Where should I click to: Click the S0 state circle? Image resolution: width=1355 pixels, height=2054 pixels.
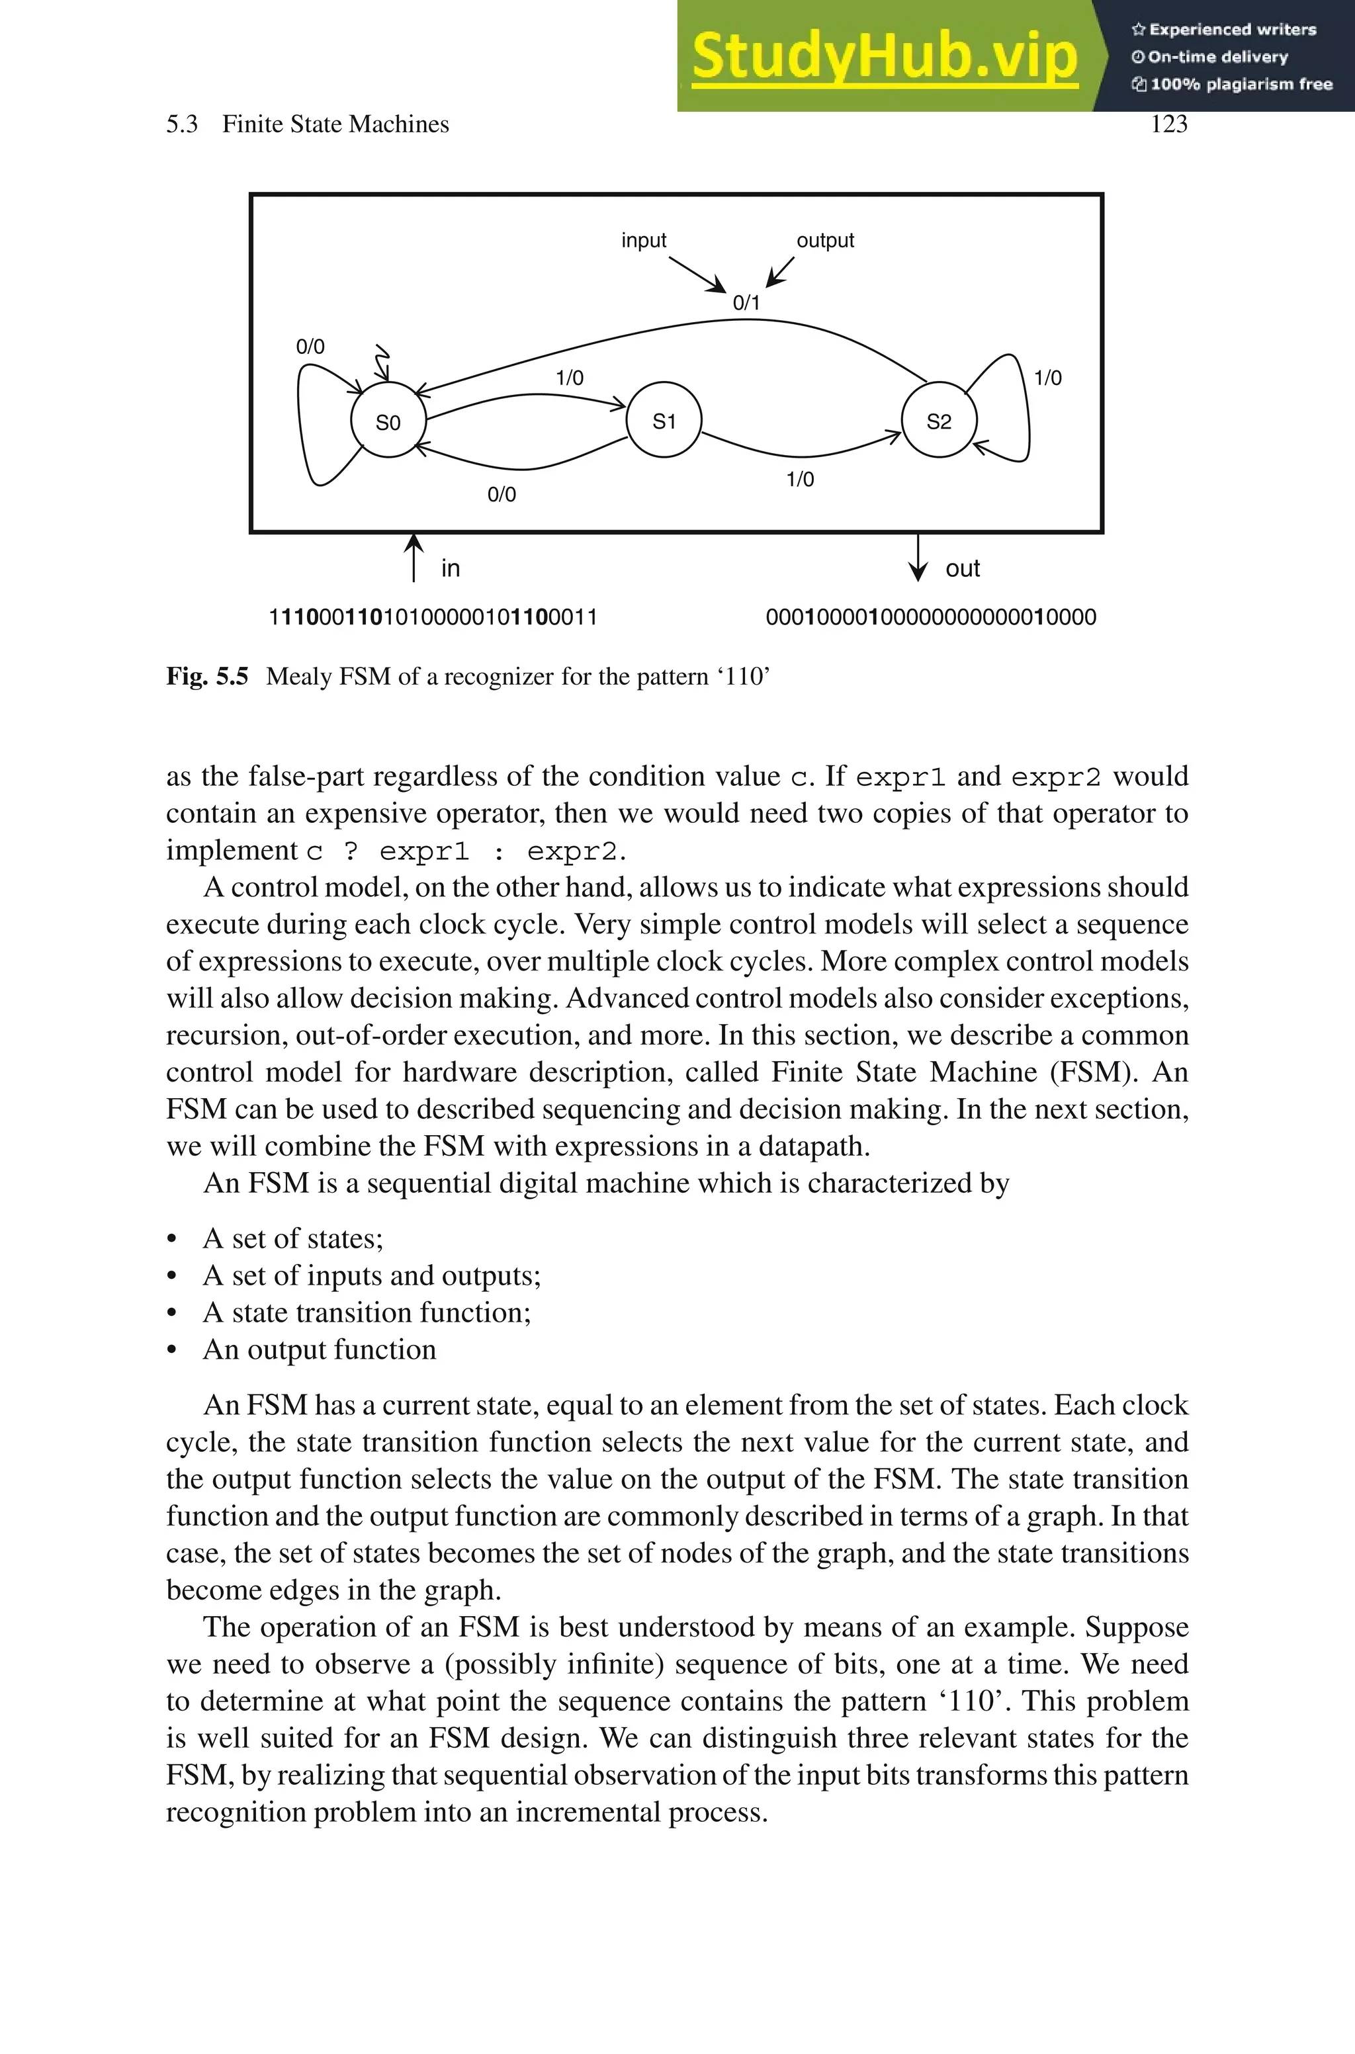tap(388, 421)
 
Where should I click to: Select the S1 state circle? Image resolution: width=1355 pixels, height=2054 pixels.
tap(663, 421)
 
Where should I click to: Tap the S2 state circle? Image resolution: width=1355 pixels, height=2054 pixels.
tap(938, 421)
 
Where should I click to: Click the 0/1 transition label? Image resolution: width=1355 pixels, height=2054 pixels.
tap(746, 302)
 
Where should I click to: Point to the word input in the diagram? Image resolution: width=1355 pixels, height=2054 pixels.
tap(644, 240)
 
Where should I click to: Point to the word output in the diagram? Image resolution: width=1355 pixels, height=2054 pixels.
tap(824, 240)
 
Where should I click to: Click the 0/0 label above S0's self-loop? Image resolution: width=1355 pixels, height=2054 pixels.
tap(310, 347)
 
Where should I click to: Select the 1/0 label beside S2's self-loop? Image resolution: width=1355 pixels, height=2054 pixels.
tap(1047, 378)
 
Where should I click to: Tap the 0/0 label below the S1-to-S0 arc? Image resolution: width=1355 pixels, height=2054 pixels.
tap(502, 494)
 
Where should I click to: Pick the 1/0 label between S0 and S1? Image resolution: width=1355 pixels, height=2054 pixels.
tap(570, 378)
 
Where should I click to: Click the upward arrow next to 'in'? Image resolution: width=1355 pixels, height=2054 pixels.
tap(415, 557)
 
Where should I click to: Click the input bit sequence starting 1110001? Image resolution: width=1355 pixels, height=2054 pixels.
tap(433, 617)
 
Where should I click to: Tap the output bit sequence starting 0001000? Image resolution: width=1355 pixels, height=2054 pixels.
tap(931, 617)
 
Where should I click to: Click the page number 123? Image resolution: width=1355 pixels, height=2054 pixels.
tap(1168, 124)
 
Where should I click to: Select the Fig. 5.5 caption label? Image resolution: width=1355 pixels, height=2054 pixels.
tap(206, 675)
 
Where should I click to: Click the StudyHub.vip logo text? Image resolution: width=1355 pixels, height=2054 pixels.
tap(884, 56)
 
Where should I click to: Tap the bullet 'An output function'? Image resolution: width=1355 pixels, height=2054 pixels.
tap(319, 1349)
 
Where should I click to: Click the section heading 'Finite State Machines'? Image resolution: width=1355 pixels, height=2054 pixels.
tap(335, 124)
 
